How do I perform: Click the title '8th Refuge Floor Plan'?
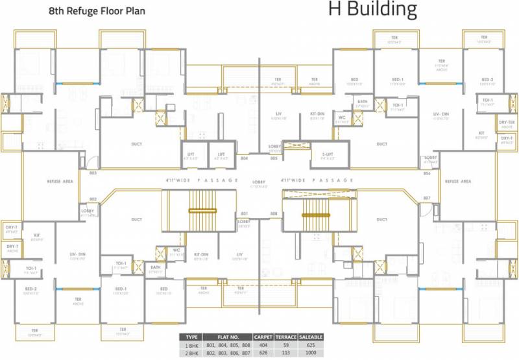(x=97, y=11)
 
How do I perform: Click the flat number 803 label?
(x=93, y=173)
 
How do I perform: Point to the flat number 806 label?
(x=426, y=173)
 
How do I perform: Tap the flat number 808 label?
(x=274, y=213)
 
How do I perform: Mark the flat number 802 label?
(x=93, y=199)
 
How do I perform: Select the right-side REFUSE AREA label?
(x=457, y=182)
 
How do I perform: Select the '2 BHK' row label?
(x=191, y=354)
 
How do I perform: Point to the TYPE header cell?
(x=191, y=338)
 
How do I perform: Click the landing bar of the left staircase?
(x=202, y=210)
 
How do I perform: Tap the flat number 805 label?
(x=274, y=158)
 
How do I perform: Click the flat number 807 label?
(x=426, y=198)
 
